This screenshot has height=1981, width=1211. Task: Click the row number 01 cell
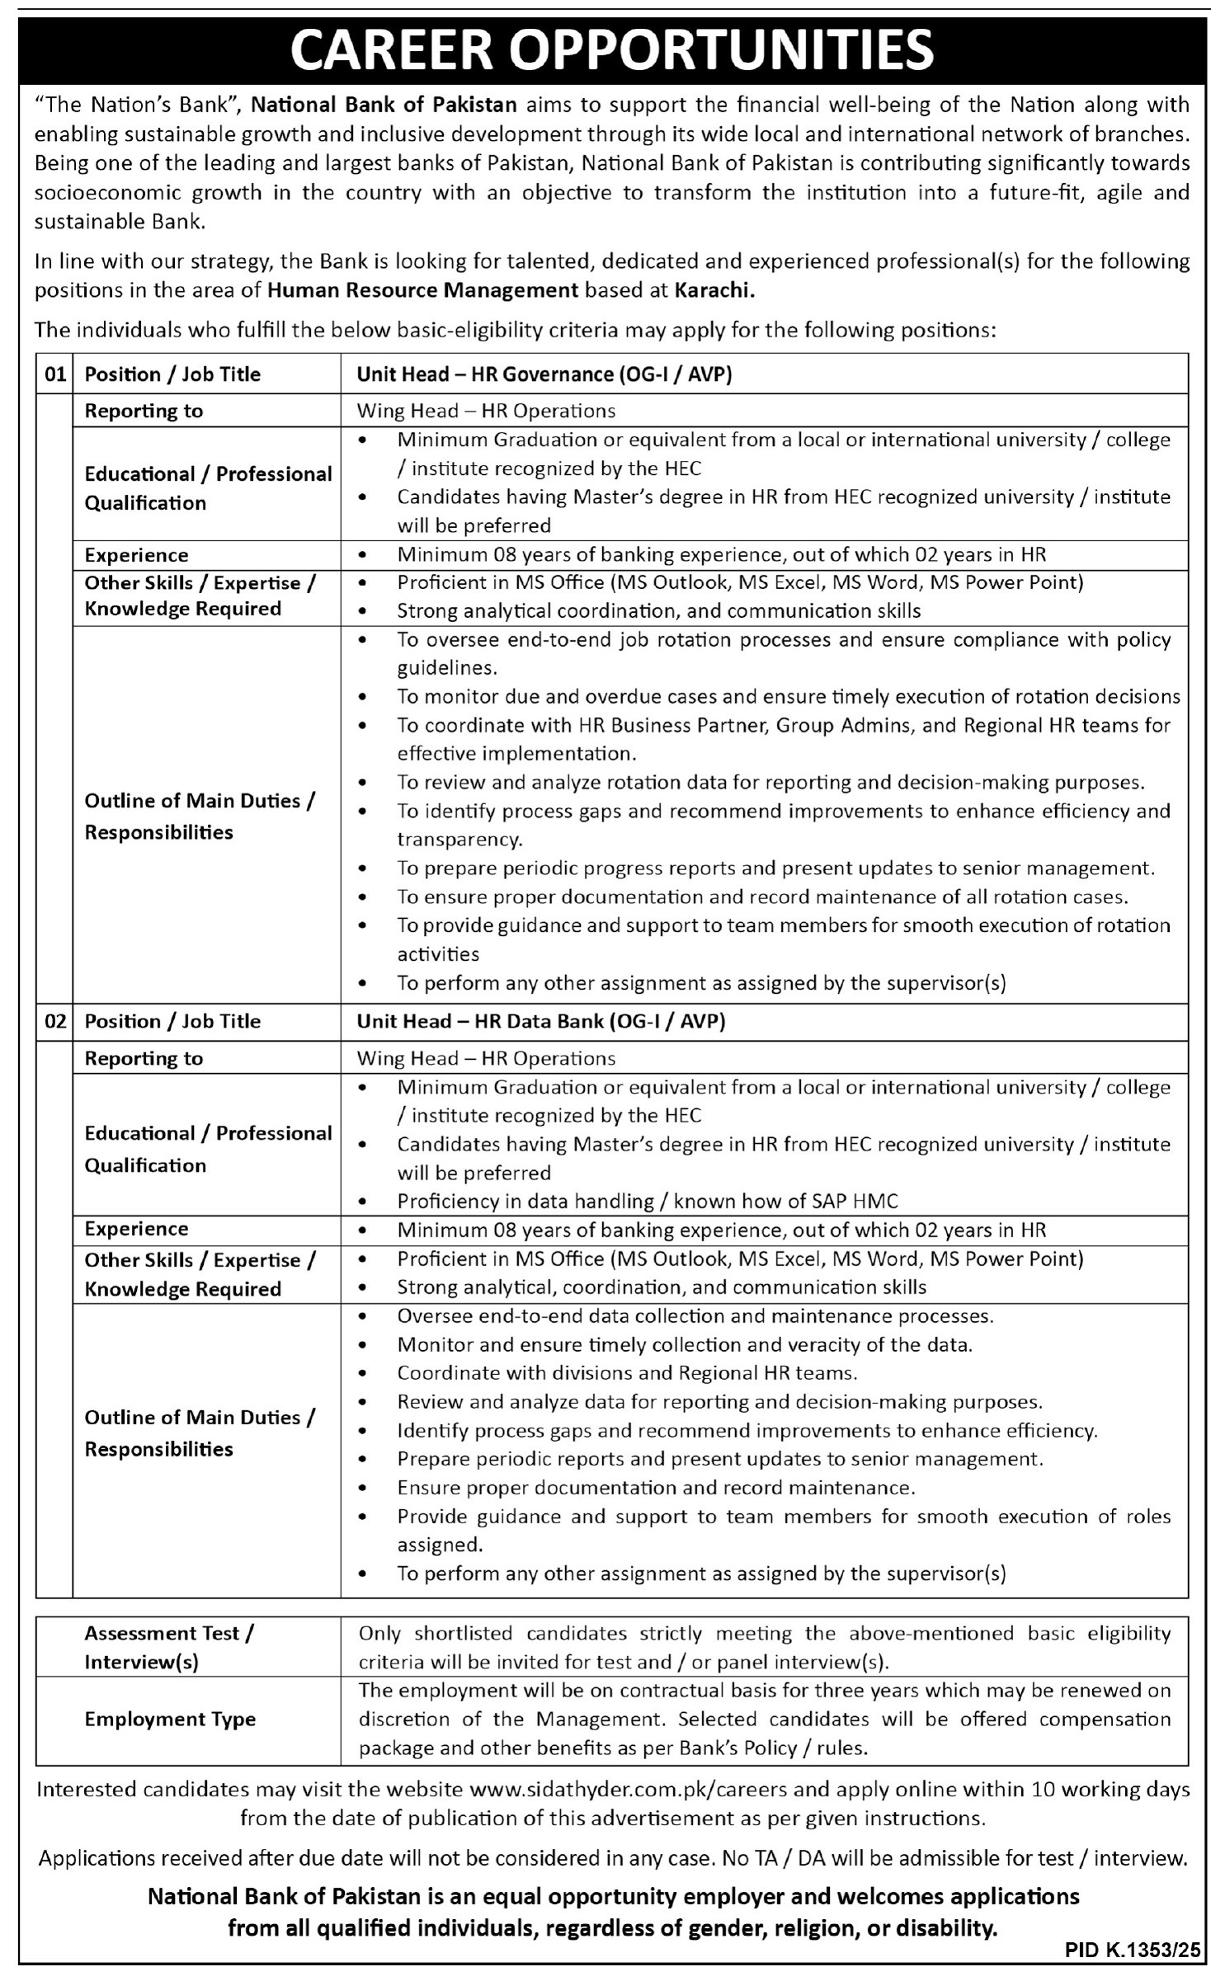(54, 374)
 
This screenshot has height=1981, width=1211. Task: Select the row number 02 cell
(54, 1021)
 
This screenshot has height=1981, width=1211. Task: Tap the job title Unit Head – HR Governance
(544, 374)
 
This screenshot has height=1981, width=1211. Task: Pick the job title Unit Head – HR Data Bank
(540, 1021)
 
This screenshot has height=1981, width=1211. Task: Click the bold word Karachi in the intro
(714, 289)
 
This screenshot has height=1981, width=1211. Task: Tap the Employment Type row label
(170, 1719)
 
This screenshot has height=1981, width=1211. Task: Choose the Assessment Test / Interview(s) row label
(169, 1647)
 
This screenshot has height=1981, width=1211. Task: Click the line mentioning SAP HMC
(648, 1201)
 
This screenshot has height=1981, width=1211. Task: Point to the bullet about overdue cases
(788, 696)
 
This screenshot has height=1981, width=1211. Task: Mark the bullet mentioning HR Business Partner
(783, 725)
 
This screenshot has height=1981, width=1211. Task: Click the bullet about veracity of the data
(685, 1344)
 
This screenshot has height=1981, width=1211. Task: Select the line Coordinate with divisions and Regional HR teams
(627, 1373)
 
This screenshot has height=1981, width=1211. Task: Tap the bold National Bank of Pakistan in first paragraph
(384, 105)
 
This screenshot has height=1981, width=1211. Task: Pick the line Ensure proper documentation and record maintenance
(656, 1488)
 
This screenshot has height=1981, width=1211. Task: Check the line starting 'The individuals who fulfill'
(516, 331)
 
